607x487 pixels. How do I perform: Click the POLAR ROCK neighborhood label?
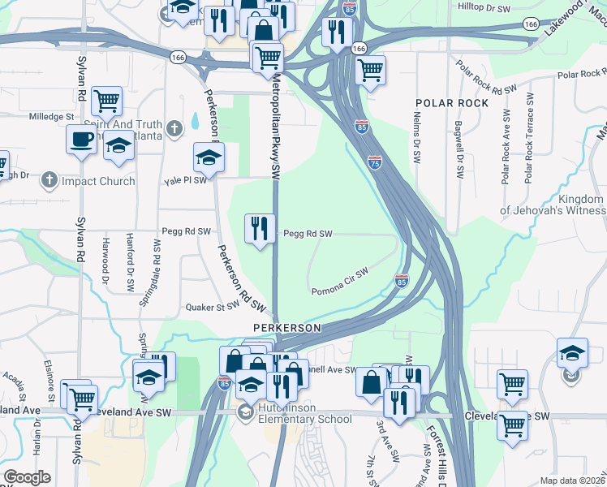452,103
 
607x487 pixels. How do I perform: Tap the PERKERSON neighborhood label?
283,327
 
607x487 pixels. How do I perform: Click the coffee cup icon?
80,139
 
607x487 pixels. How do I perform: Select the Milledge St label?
51,117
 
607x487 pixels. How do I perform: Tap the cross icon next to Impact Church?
50,180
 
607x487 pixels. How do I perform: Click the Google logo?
27,476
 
